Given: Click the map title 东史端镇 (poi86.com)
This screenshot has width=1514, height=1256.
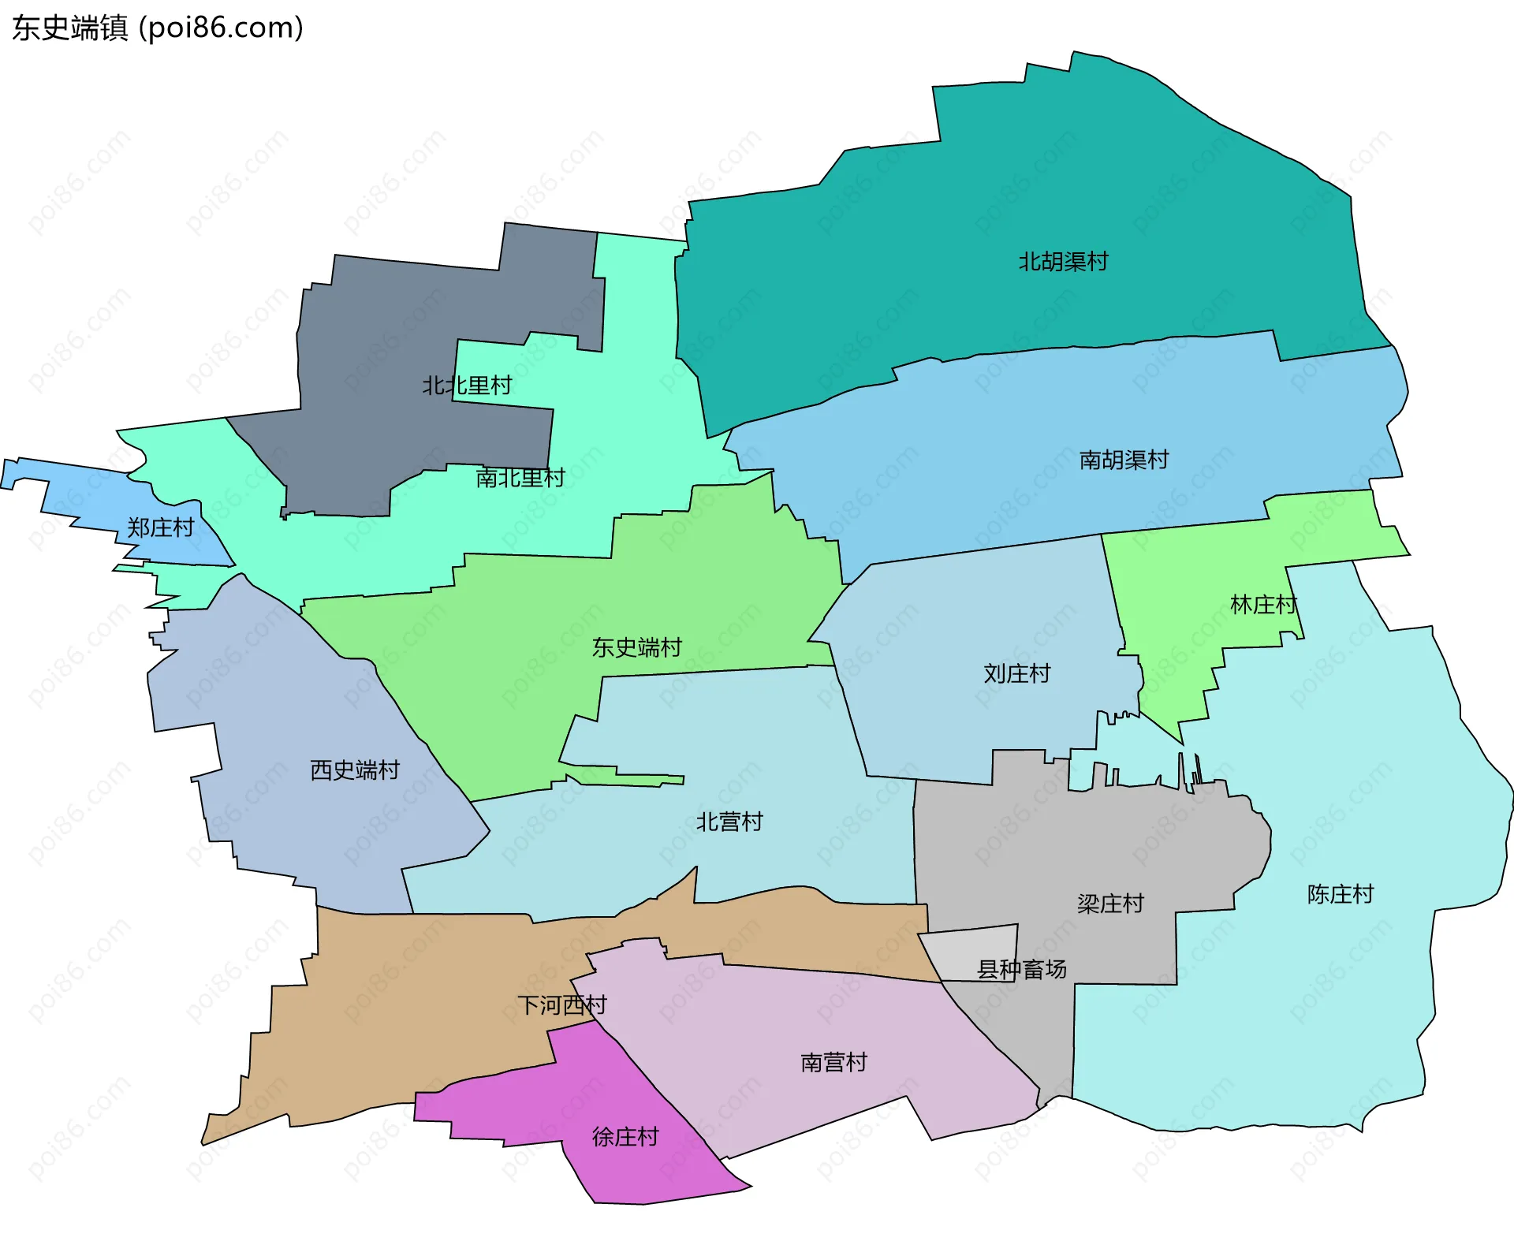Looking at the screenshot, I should (158, 28).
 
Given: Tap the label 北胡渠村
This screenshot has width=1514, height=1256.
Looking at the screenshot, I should (1063, 262).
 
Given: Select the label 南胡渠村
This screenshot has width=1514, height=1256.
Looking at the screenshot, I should (1124, 460).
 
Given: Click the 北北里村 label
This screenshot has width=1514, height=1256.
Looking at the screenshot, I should (467, 386).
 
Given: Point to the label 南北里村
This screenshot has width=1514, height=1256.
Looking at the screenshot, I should (520, 478).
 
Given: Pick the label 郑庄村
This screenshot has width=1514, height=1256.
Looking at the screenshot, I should (161, 528).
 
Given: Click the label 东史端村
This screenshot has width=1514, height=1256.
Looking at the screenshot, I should (637, 648).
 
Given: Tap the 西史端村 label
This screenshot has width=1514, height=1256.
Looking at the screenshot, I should (355, 770).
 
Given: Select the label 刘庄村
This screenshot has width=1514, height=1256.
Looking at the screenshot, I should (1017, 674).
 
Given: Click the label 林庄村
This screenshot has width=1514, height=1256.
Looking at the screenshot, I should (1263, 606).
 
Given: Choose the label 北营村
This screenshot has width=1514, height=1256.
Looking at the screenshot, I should (729, 822).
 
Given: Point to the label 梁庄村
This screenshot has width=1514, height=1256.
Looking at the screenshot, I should (1110, 904).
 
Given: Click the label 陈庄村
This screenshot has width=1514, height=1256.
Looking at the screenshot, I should (1341, 895).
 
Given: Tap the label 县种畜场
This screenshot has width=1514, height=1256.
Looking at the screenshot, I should (1022, 970).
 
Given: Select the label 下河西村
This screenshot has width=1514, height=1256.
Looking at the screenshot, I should (562, 1005).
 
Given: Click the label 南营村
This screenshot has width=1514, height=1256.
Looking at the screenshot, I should (833, 1063).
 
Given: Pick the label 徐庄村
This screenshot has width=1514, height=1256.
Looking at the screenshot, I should (625, 1137).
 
